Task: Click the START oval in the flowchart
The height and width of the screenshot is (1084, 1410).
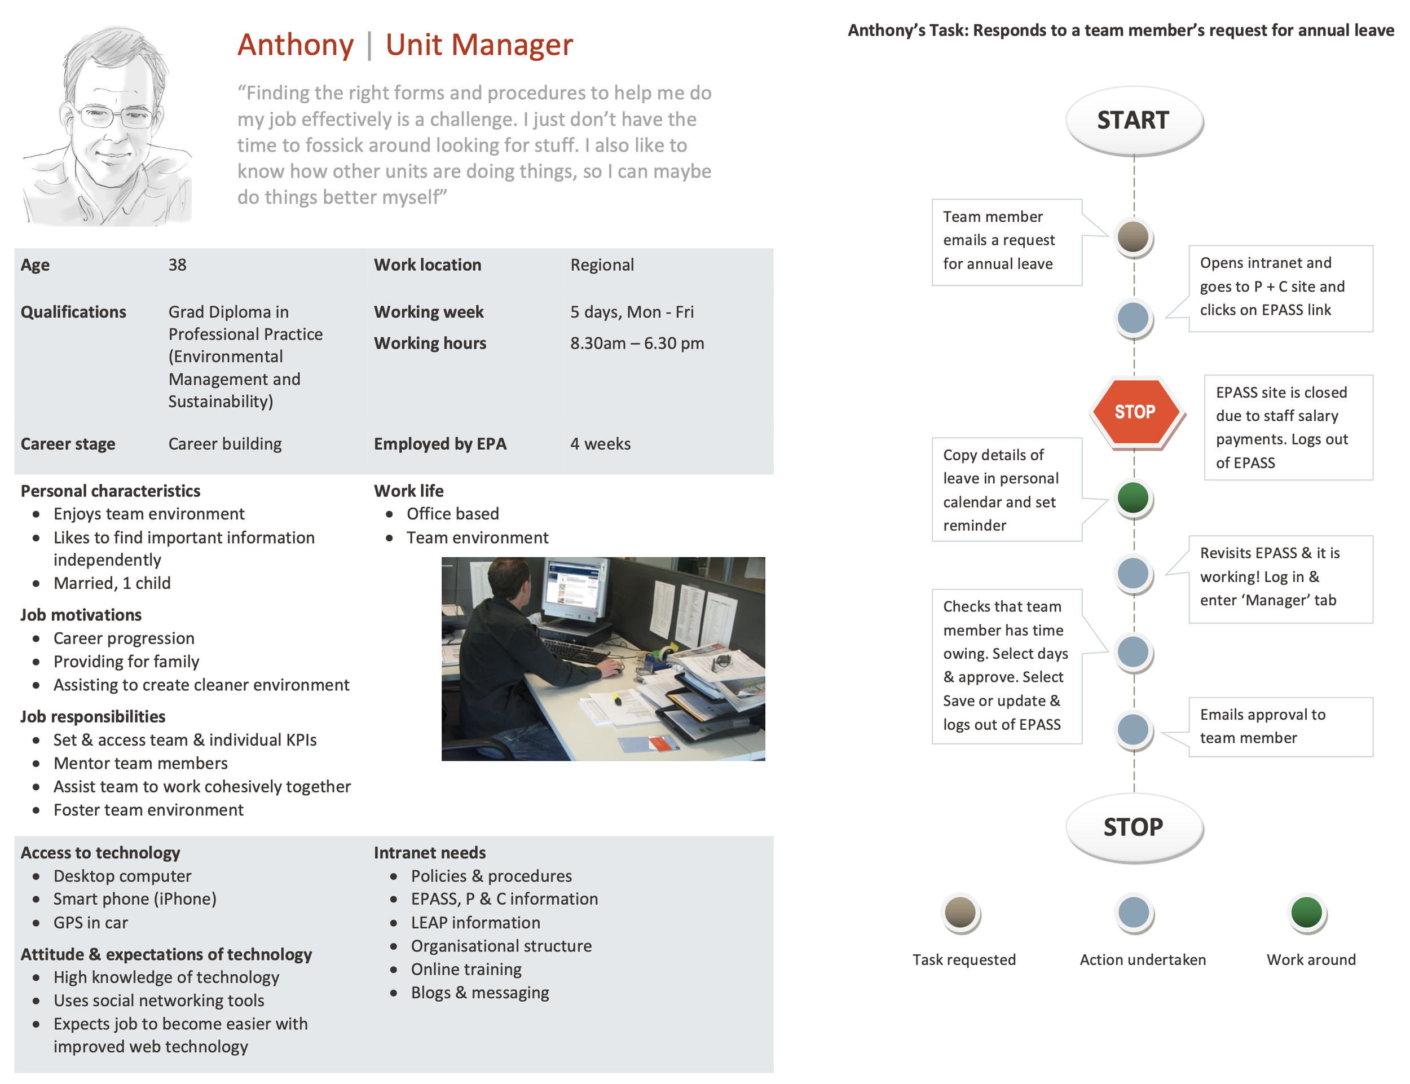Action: [1133, 120]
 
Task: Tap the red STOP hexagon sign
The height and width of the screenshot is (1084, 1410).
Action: [1134, 411]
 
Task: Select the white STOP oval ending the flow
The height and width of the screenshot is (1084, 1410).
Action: [1133, 827]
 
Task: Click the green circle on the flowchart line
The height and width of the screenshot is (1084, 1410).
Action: [1133, 497]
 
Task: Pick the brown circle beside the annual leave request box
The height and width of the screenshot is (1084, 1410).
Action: [1133, 236]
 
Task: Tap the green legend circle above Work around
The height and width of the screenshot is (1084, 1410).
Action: [1307, 913]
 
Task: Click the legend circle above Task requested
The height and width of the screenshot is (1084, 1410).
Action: [960, 913]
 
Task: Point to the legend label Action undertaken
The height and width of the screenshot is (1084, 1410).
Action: [1142, 959]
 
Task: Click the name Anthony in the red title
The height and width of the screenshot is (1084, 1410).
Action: [296, 45]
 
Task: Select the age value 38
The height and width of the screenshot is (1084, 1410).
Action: [178, 265]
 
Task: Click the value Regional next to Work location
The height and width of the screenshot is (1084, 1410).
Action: [601, 265]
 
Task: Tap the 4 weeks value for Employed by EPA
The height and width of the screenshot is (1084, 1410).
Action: [600, 444]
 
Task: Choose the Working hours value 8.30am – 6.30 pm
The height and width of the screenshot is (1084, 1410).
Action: [637, 343]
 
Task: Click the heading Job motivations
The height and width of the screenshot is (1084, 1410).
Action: [81, 615]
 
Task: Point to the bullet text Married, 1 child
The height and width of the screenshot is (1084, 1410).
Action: [112, 583]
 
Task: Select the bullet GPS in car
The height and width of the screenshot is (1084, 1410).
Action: [90, 923]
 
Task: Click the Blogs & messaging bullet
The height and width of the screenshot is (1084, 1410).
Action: [479, 993]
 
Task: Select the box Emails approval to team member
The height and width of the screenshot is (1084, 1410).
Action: [1280, 726]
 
